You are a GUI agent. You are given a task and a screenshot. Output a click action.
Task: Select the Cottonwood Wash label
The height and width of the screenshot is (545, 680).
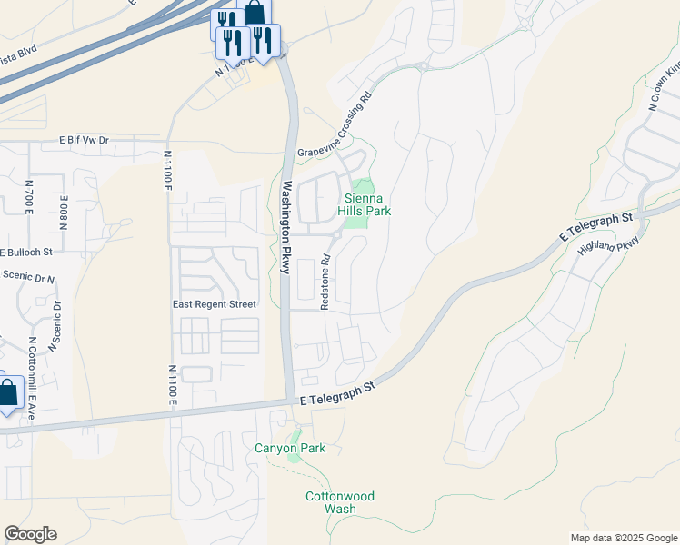(340, 502)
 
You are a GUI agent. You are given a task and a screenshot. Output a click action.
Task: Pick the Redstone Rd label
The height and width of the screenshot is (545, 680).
(325, 282)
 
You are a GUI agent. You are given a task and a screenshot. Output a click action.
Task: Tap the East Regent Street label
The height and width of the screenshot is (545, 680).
(215, 304)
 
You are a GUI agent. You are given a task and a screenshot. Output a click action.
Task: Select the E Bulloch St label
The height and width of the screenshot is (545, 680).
(26, 251)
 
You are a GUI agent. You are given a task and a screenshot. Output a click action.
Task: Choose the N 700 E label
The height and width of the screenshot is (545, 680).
(29, 199)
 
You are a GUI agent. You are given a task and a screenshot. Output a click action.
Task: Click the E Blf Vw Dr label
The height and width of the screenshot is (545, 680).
(84, 141)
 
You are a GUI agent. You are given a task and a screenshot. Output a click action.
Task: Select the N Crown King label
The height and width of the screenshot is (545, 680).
(665, 86)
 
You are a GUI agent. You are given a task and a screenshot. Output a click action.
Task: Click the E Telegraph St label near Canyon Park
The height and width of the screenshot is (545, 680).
(337, 391)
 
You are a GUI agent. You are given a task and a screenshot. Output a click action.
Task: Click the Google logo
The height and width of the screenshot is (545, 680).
(30, 534)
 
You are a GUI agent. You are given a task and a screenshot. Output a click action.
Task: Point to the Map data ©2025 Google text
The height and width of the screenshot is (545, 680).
(623, 538)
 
